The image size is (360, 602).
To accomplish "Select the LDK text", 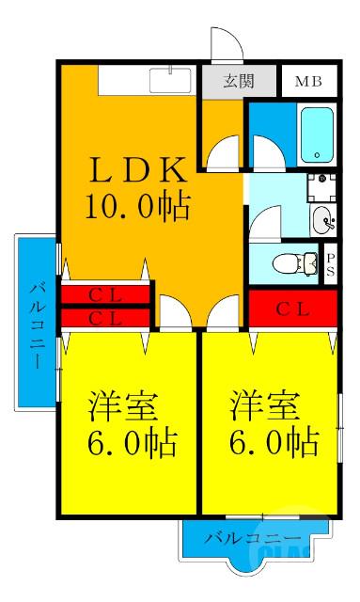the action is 136,171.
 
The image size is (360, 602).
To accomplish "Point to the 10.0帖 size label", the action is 136,205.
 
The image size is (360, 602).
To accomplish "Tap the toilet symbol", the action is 297,262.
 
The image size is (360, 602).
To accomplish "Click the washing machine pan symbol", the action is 323,188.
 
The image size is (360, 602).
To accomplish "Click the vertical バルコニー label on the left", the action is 36,324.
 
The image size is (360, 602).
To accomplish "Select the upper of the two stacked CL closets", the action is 105,294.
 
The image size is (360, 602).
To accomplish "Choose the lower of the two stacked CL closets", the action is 105,318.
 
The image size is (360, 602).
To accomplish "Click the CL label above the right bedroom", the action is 292,308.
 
